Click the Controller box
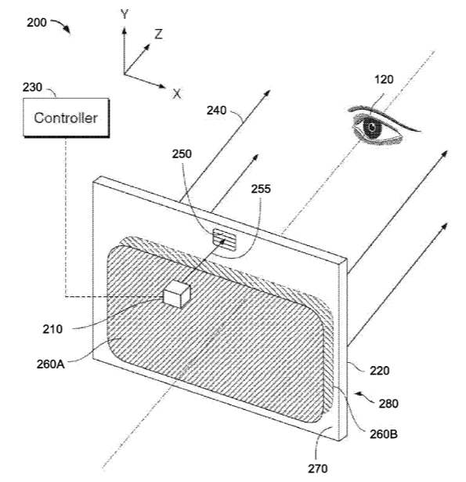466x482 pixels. [66, 118]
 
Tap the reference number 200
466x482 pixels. [37, 23]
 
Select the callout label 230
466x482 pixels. [32, 87]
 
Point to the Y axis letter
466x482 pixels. [125, 14]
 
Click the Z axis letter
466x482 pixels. [158, 34]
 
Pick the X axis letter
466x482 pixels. [177, 94]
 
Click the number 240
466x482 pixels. [217, 111]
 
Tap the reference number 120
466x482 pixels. [384, 80]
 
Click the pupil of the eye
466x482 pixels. [372, 127]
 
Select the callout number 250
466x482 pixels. [182, 154]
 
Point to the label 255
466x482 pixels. [261, 189]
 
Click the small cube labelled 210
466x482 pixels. [177, 294]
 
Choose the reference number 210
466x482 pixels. [52, 329]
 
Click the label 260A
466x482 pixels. [51, 364]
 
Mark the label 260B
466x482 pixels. [384, 434]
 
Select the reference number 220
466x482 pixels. [380, 371]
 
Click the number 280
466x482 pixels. [388, 404]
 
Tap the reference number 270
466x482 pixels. [318, 469]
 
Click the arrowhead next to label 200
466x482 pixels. [67, 29]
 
